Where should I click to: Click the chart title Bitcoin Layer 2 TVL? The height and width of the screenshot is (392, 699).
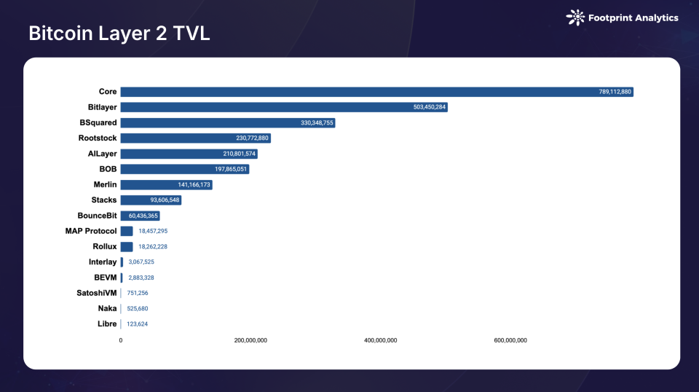click(x=119, y=34)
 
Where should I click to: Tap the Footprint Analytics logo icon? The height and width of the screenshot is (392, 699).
click(x=575, y=17)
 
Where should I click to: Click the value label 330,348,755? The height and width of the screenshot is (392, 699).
click(x=317, y=123)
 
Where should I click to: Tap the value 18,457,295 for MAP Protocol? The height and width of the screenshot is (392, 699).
click(x=153, y=231)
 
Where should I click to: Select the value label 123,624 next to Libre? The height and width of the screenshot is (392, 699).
click(x=137, y=324)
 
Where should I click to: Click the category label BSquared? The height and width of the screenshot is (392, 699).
click(x=98, y=122)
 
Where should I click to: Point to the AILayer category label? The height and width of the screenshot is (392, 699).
click(x=102, y=154)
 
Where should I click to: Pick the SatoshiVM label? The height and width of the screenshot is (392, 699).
click(x=97, y=293)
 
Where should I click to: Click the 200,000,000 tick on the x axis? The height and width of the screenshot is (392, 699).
click(x=250, y=340)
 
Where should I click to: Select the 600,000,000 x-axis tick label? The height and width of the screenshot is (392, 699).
click(x=510, y=340)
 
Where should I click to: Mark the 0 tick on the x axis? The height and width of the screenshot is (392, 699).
click(x=121, y=340)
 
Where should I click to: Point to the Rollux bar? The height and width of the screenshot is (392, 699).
click(x=127, y=246)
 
